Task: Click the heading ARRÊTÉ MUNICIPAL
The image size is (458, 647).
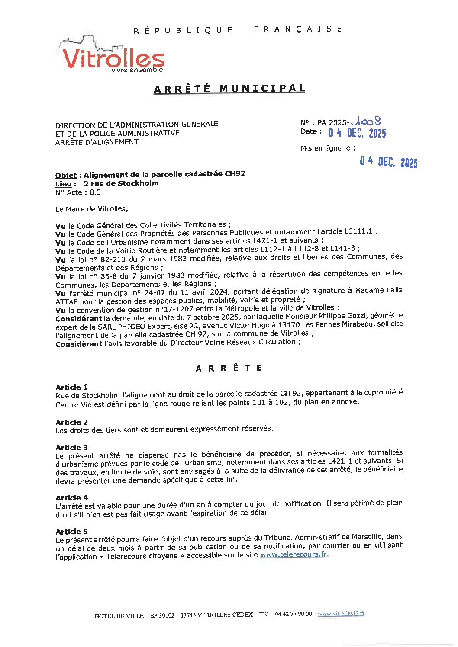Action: (229, 89)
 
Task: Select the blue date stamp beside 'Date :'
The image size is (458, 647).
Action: (357, 133)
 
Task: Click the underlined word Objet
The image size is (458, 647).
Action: (66, 175)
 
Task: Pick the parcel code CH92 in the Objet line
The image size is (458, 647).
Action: (235, 174)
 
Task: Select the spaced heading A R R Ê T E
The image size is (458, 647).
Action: (229, 368)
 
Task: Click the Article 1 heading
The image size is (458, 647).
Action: (71, 387)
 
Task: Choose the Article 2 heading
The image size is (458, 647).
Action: (71, 422)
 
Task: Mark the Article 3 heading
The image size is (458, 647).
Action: (71, 447)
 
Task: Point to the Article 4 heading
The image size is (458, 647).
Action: (71, 498)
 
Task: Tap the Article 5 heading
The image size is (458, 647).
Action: (71, 532)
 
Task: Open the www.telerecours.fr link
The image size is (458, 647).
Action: (294, 554)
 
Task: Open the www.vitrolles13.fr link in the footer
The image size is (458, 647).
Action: (341, 613)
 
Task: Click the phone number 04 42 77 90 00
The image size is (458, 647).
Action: (293, 614)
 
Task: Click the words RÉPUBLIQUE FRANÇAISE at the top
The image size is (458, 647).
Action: (238, 29)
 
